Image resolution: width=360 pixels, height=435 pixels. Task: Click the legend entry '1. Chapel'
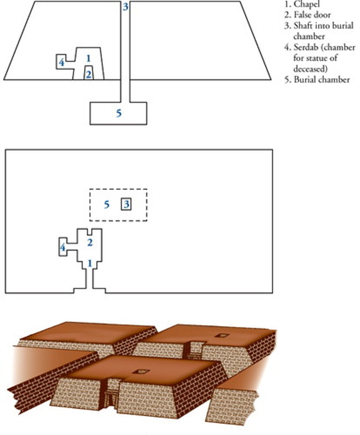pyautogui.click(x=302, y=4)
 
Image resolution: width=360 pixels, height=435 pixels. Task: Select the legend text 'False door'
pyautogui.click(x=312, y=15)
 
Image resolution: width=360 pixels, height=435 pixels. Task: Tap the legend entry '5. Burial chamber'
pyautogui.click(x=317, y=80)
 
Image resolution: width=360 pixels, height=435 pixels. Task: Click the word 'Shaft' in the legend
pyautogui.click(x=302, y=26)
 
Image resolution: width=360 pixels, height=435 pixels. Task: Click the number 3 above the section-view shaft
pyautogui.click(x=125, y=7)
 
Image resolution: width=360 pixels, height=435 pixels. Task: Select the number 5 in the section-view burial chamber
pyautogui.click(x=119, y=113)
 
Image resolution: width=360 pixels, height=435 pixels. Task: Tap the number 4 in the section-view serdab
pyautogui.click(x=62, y=62)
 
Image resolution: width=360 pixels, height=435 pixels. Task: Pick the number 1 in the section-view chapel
pyautogui.click(x=88, y=58)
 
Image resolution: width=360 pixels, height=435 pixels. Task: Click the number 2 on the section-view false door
pyautogui.click(x=88, y=75)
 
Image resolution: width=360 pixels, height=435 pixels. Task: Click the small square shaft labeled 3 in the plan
pyautogui.click(x=126, y=204)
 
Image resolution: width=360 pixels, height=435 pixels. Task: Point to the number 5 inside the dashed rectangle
pyautogui.click(x=107, y=205)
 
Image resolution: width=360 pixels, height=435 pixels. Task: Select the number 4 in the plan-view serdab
pyautogui.click(x=62, y=248)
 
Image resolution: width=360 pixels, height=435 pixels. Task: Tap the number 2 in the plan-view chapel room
pyautogui.click(x=90, y=243)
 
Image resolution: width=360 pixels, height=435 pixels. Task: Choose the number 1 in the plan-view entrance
pyautogui.click(x=90, y=263)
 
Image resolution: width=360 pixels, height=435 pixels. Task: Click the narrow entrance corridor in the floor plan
pyautogui.click(x=90, y=279)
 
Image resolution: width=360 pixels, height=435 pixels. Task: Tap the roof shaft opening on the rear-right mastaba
pyautogui.click(x=222, y=335)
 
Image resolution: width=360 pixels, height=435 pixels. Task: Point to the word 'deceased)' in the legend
pyautogui.click(x=310, y=69)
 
